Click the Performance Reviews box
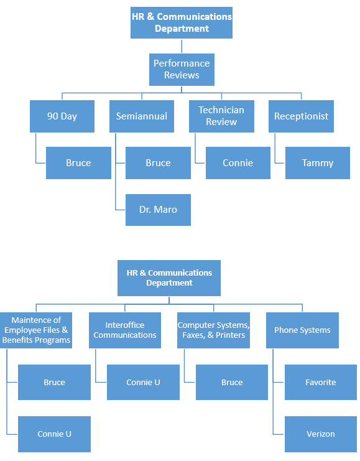pyautogui.click(x=182, y=70)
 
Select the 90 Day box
pyautogui.click(x=62, y=116)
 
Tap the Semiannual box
pyautogui.click(x=142, y=116)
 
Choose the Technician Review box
pyautogui.click(x=221, y=116)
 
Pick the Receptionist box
pyautogui.click(x=301, y=116)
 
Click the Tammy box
pyautogui.click(x=317, y=163)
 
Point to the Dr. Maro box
pyautogui.click(x=158, y=210)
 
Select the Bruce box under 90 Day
pyautogui.click(x=78, y=163)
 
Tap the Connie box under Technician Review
pyautogui.click(x=238, y=163)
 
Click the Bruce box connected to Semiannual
pyautogui.click(x=158, y=163)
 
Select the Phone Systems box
pyautogui.click(x=302, y=330)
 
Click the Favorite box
pyautogui.click(x=321, y=382)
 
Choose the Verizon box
pyautogui.click(x=321, y=434)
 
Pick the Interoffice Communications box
pyautogui.click(x=125, y=330)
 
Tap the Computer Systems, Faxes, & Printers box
pyautogui.click(x=213, y=330)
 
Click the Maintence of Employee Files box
pyautogui.click(x=36, y=330)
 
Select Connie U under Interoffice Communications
pyautogui.click(x=143, y=382)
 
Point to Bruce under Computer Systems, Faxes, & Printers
pyautogui.click(x=232, y=382)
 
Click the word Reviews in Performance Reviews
pyautogui.click(x=182, y=75)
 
